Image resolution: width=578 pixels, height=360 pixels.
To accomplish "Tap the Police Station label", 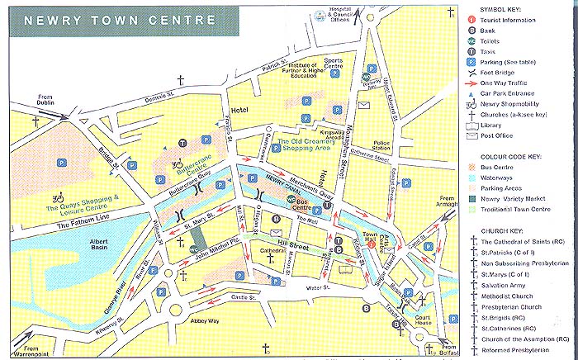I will point(382,146).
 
